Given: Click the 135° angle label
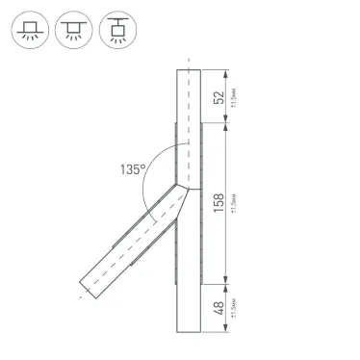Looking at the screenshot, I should tap(132, 169).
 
